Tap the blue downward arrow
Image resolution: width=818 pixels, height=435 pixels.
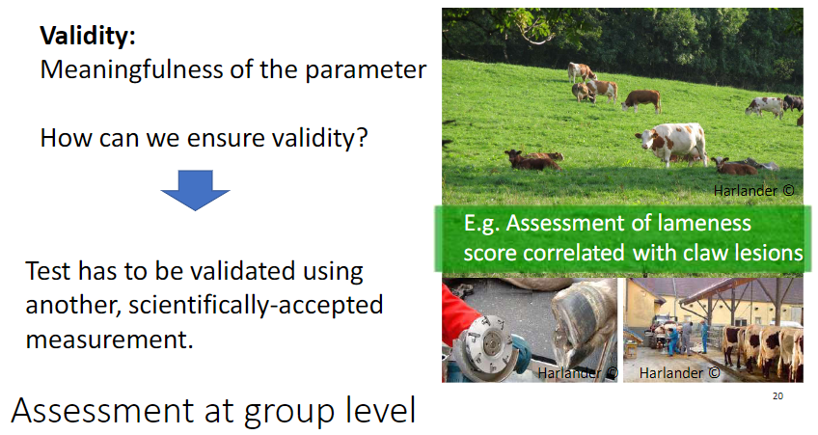click(194, 191)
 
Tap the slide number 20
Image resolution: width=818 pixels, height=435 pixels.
click(778, 396)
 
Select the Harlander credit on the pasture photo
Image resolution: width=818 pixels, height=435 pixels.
click(753, 190)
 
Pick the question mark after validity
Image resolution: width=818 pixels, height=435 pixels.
click(361, 138)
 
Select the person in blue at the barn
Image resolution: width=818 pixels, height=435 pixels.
click(703, 338)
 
